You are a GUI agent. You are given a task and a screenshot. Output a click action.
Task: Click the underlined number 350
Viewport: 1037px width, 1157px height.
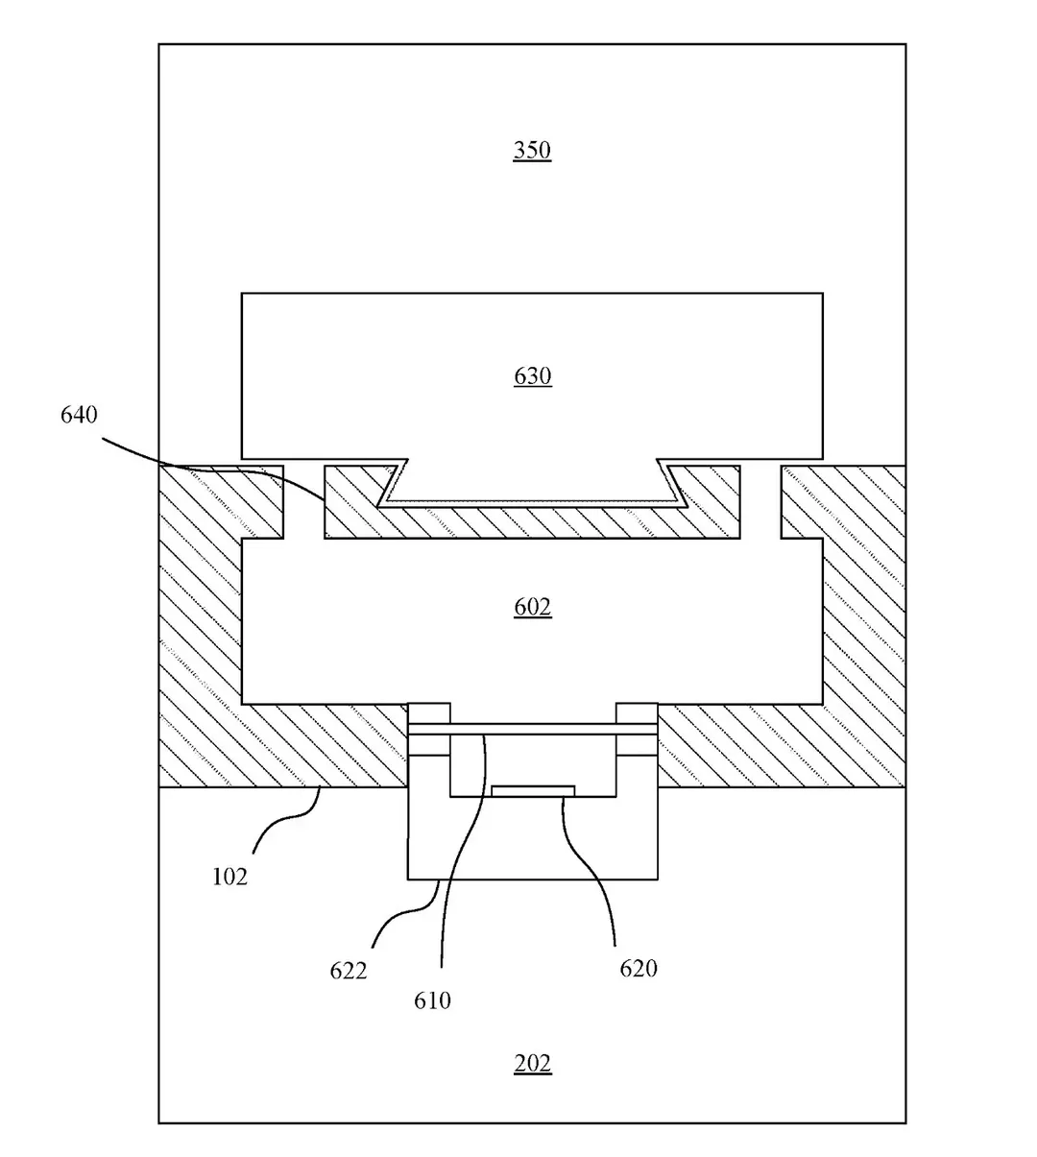(x=532, y=150)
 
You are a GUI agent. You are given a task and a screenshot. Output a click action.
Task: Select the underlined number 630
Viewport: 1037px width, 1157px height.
(x=532, y=376)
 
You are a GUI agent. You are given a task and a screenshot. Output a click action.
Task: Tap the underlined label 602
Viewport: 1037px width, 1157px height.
(x=532, y=607)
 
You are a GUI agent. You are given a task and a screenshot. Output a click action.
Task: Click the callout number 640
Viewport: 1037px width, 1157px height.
(x=79, y=415)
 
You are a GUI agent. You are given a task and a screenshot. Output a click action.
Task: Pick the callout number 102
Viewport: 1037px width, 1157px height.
(x=229, y=877)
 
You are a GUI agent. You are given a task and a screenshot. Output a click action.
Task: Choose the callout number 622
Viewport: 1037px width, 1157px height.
(x=348, y=971)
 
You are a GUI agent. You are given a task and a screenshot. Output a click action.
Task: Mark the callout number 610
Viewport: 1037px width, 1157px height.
(x=432, y=1000)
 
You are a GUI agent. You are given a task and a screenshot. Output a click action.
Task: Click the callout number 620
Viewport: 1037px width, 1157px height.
(x=639, y=969)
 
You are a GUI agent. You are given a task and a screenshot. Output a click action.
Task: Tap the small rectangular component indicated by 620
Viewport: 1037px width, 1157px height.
(x=533, y=791)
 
